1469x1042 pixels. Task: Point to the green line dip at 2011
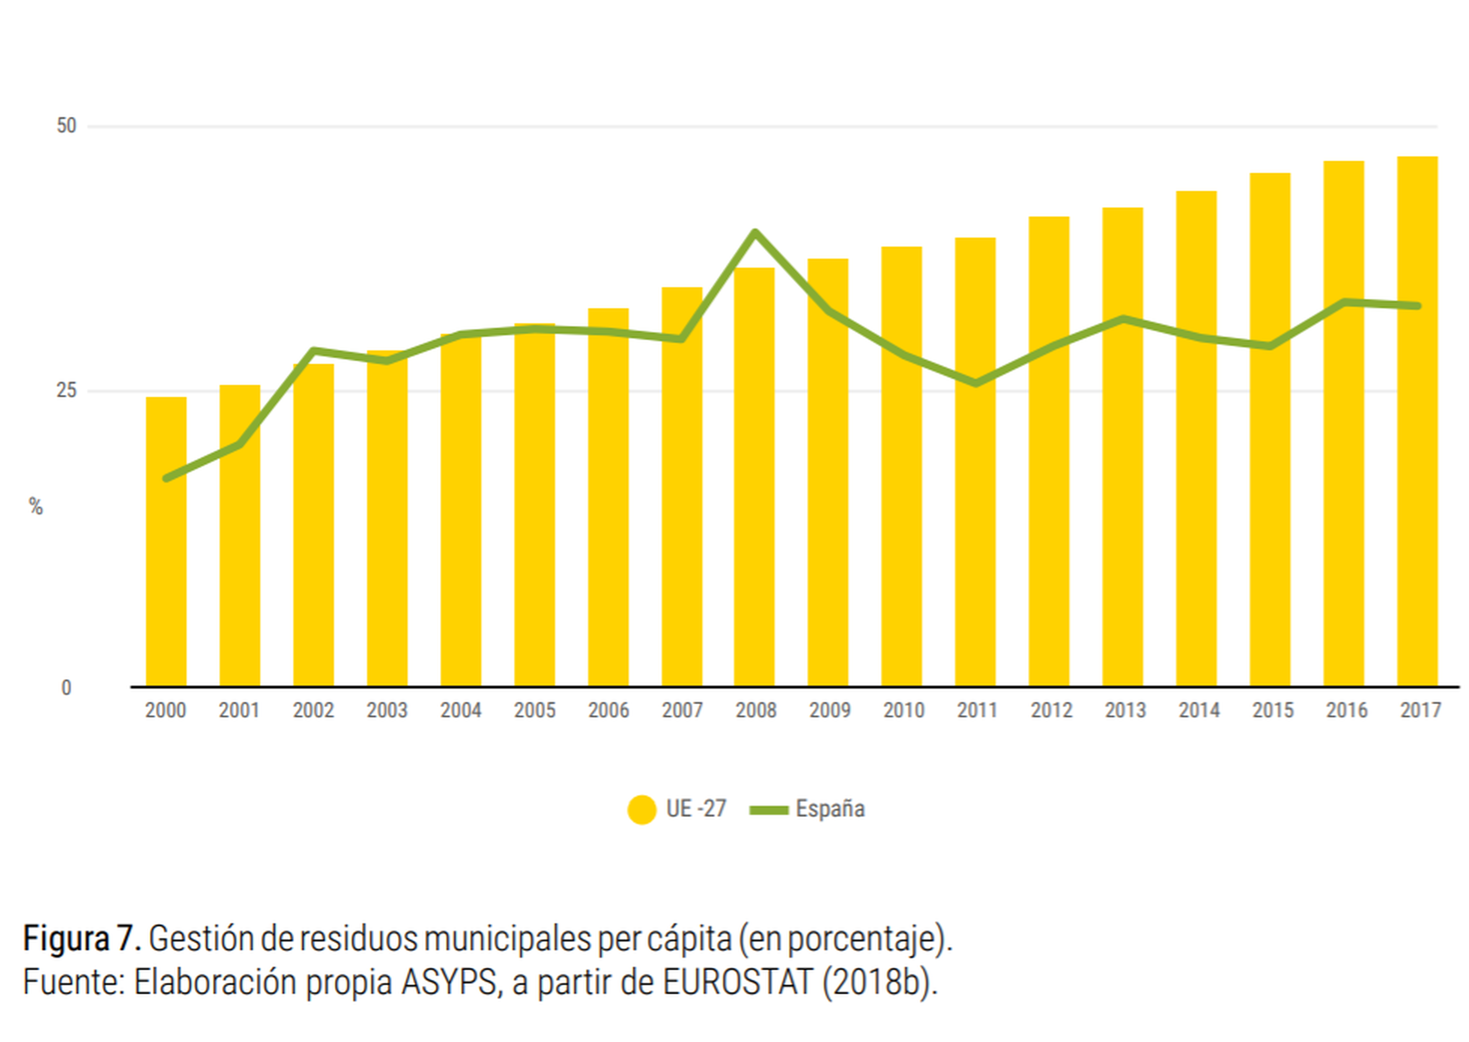tap(976, 383)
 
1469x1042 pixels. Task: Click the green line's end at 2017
tap(1417, 306)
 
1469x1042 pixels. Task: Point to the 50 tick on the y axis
tap(66, 126)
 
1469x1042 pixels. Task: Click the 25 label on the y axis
tap(66, 390)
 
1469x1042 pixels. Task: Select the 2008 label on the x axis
tap(756, 710)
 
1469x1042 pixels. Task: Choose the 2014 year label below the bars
tap(1198, 710)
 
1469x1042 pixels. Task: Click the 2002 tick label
tap(313, 710)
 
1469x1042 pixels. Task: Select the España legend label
tap(830, 808)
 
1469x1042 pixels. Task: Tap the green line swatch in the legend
tap(769, 810)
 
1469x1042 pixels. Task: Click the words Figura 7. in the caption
tap(81, 939)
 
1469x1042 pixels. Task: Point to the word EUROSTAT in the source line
tap(738, 982)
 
